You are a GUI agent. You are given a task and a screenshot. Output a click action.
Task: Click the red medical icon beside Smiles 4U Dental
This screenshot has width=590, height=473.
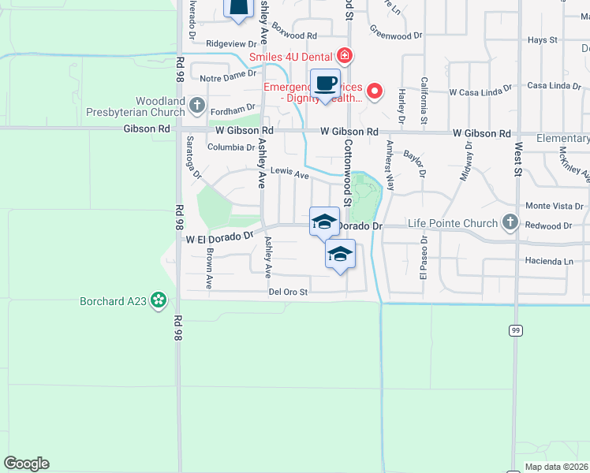[344, 57]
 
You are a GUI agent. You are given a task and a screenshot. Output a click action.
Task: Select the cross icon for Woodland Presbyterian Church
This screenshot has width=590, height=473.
[197, 104]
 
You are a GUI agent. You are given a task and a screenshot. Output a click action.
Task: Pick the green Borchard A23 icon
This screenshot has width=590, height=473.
[159, 300]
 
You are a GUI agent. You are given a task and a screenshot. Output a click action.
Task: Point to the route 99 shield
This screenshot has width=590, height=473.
[516, 330]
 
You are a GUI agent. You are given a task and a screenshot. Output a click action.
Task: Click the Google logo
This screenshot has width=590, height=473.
[26, 464]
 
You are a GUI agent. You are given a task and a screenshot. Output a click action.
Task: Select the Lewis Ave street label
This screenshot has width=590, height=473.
[289, 173]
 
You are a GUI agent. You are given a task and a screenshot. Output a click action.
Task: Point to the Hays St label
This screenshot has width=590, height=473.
[542, 39]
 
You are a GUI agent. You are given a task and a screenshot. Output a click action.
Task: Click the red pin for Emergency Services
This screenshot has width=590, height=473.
[375, 91]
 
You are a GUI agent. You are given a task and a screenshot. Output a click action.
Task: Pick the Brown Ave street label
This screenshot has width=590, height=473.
[209, 268]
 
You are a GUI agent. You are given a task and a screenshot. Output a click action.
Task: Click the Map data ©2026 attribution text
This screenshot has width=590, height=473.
[555, 467]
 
